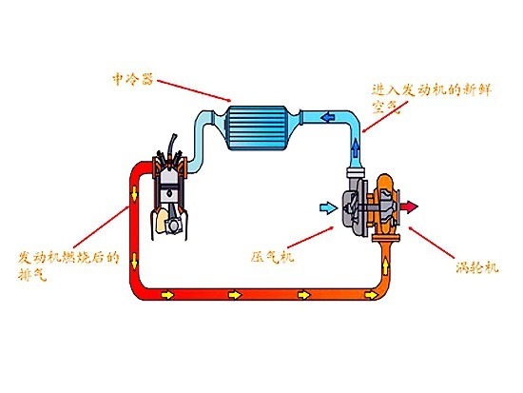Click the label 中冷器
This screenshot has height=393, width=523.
click(133, 80)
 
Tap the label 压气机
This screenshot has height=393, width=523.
click(272, 257)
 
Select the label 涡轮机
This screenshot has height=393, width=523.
click(477, 266)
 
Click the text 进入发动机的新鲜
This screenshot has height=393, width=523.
click(432, 90)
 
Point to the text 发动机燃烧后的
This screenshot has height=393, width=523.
click(68, 258)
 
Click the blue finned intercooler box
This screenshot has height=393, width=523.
click(257, 128)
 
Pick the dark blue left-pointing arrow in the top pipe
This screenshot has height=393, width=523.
click(327, 117)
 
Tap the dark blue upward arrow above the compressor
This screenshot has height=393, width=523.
click(356, 147)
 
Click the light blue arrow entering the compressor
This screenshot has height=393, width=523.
click(328, 208)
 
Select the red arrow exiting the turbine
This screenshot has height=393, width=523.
click(409, 206)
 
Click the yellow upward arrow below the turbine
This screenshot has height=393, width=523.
click(385, 266)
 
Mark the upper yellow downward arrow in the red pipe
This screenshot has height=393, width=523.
click(134, 194)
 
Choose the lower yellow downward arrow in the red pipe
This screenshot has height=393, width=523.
click(134, 261)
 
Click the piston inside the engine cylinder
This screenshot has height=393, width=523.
click(170, 194)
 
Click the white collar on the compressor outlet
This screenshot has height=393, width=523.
click(356, 173)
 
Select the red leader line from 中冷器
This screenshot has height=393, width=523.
click(193, 90)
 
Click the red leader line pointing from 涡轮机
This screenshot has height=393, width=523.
click(432, 243)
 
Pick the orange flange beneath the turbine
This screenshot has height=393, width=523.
click(385, 238)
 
